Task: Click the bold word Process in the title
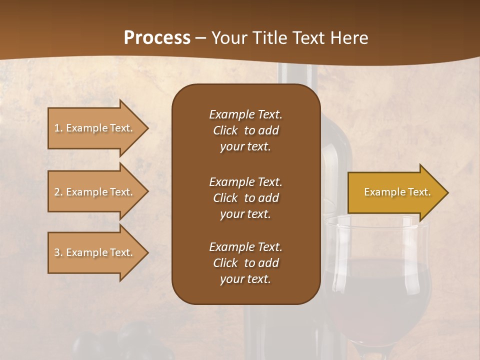click(157, 38)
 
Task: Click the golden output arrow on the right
click(395, 192)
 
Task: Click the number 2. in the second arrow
click(58, 192)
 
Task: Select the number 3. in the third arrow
click(58, 252)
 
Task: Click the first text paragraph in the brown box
click(245, 130)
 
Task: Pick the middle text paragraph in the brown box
click(245, 198)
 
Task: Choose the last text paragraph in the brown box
click(245, 263)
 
